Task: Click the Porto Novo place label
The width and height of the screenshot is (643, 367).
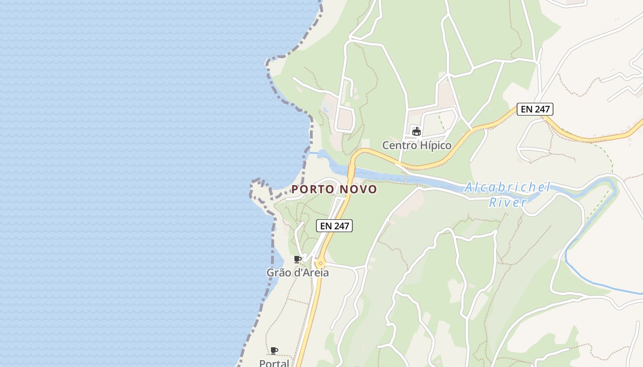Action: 334,189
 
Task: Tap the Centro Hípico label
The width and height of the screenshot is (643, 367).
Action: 417,145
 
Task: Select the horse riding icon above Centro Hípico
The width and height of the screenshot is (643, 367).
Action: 417,132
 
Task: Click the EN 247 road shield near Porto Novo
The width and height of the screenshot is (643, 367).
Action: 334,226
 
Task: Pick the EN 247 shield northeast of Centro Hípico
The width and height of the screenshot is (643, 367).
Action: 535,109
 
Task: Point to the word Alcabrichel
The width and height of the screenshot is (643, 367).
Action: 508,187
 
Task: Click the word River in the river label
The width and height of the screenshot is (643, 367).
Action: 507,202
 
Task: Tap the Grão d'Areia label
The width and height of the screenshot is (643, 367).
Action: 298,272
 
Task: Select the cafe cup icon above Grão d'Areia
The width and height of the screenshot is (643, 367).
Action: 298,260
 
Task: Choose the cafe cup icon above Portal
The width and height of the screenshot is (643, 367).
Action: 274,351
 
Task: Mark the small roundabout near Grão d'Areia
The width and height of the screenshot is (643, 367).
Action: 320,263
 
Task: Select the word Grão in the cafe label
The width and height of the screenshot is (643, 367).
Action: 278,272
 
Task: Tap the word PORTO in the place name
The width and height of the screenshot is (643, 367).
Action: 312,189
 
